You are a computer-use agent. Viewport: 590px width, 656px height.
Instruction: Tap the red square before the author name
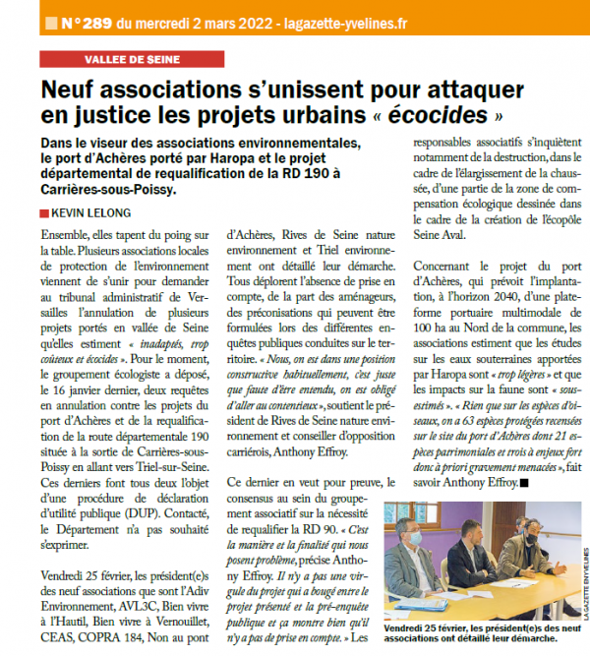click(44, 212)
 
